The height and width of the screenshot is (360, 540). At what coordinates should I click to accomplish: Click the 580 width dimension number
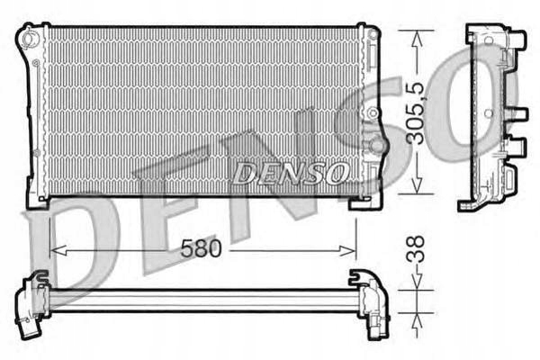201,248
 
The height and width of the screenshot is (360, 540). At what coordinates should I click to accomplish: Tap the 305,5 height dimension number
416,114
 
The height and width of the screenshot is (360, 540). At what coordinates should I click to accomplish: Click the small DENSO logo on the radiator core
290,173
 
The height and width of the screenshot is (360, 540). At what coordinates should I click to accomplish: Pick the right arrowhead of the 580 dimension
347,251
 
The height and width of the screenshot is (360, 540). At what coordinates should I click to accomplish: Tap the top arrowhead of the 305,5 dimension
417,40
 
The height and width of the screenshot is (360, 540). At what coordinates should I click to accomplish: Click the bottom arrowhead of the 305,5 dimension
417,185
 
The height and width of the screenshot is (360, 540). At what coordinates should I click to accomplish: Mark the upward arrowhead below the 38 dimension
417,323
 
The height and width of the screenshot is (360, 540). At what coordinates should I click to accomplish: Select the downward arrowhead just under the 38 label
417,281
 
